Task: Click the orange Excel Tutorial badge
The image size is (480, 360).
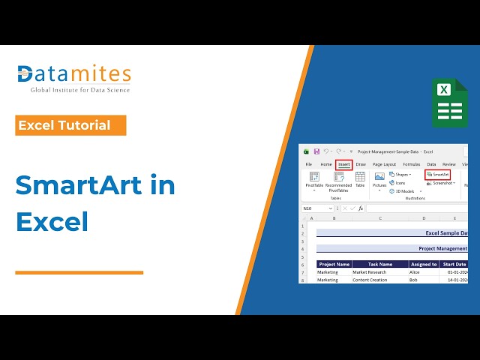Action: click(x=70, y=125)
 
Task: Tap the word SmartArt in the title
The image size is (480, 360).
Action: click(x=95, y=184)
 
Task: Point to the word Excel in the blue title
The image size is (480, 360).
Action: click(x=52, y=222)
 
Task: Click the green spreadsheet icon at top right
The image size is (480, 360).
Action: click(x=449, y=102)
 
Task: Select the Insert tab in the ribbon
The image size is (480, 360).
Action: click(x=343, y=164)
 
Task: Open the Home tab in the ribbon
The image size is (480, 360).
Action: click(x=325, y=164)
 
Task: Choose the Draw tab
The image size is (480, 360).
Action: click(x=361, y=164)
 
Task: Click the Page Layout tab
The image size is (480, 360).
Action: click(x=384, y=164)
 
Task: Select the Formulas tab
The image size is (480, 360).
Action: click(x=411, y=164)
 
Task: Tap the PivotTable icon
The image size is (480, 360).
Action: click(x=313, y=180)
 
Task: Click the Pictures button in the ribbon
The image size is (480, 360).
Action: click(x=379, y=180)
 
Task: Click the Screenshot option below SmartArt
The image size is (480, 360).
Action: click(x=441, y=183)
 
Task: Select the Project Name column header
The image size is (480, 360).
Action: click(x=334, y=264)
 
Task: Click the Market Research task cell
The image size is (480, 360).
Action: click(x=372, y=272)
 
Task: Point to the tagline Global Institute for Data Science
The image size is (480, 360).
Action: click(x=79, y=90)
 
